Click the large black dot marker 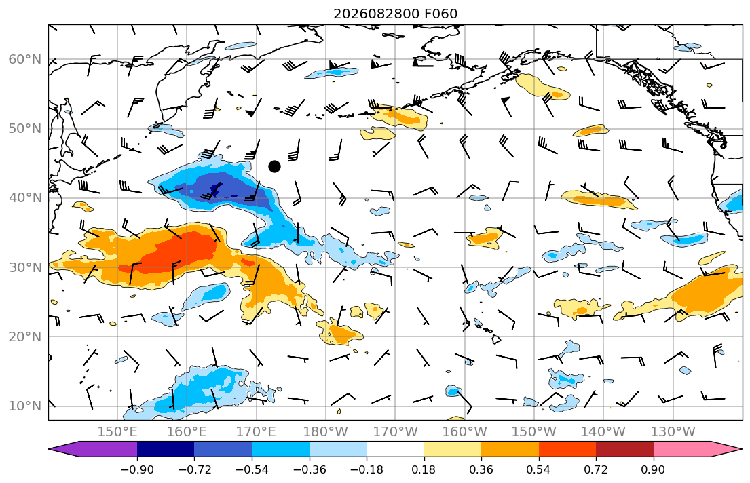pos(275,166)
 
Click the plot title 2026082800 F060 pos(396,14)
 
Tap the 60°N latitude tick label pos(25,59)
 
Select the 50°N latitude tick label pos(25,129)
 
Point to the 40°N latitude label pos(25,197)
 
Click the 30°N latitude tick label pos(25,267)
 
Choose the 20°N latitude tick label pos(25,336)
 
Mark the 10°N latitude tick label pos(25,406)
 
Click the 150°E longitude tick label pos(117,432)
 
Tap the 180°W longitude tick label pos(326,432)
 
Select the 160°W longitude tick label pos(465,432)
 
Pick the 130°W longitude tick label pos(673,432)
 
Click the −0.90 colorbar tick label pos(137,469)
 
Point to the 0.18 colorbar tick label pos(424,469)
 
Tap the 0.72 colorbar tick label pos(596,469)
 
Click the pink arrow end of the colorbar pos(694,449)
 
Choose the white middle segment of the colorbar pos(396,449)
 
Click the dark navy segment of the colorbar pos(166,449)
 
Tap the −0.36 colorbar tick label pos(310,469)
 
